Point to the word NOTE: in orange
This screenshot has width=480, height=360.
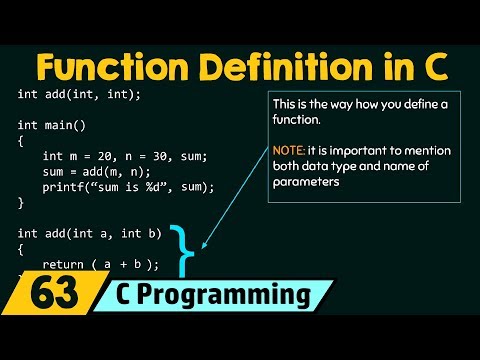coord(292,149)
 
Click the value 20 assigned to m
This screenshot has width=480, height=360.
coord(103,156)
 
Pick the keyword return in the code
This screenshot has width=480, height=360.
coord(63,264)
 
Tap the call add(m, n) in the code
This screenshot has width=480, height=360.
coord(113,171)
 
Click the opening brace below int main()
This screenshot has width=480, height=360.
coord(21,141)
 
